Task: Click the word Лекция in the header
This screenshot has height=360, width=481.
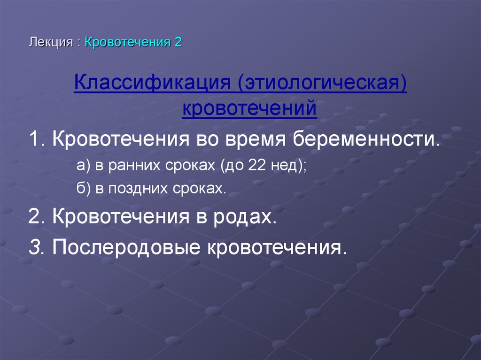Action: click(50, 42)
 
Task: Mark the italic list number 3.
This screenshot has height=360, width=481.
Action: click(36, 246)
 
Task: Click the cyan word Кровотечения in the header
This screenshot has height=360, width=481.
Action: click(127, 42)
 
